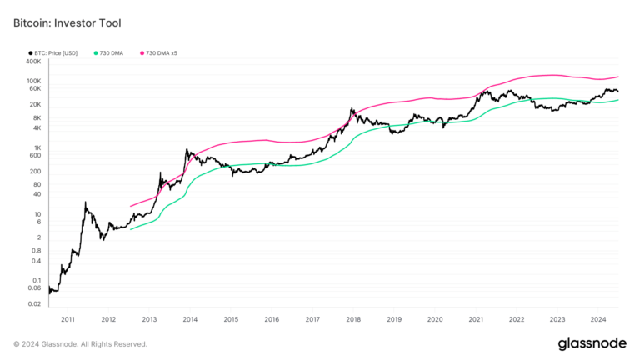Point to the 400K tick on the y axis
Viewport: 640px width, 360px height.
point(32,62)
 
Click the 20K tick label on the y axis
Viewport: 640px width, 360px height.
point(33,104)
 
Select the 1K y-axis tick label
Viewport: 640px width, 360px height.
point(36,147)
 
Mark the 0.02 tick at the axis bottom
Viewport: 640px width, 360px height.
point(32,304)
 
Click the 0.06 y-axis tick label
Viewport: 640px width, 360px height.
point(32,287)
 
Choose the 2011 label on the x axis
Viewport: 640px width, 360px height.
point(67,319)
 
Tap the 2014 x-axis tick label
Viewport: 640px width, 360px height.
point(190,319)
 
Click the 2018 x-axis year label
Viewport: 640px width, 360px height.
point(353,319)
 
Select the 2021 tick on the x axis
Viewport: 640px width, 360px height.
point(476,319)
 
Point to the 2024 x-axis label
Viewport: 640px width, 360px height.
point(598,319)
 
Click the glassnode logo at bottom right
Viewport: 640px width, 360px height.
point(592,343)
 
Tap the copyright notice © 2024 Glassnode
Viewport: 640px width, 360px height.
point(81,343)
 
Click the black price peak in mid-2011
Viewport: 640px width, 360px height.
point(86,202)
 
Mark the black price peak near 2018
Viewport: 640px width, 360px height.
point(352,108)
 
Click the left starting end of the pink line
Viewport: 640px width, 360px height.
point(130,206)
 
